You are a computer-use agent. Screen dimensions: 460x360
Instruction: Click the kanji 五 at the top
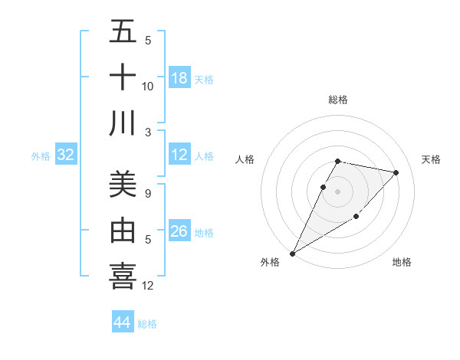[123, 31]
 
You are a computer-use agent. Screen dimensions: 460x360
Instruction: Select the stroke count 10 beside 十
[148, 87]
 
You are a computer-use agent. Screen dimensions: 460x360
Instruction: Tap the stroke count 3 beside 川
[148, 133]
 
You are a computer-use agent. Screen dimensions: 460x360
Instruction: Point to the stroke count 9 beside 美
[148, 194]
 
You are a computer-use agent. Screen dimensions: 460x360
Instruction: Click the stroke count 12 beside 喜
[148, 286]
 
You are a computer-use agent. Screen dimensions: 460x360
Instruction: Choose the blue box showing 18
[179, 78]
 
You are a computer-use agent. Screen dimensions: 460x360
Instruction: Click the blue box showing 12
[179, 155]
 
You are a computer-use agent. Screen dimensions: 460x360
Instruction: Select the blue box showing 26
[179, 231]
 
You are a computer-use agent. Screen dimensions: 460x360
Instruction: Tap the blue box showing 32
[66, 155]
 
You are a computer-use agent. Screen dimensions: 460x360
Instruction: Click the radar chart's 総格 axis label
[338, 100]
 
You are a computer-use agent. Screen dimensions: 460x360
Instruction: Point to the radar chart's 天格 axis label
[431, 159]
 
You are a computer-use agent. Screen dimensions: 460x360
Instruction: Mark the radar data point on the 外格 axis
[292, 253]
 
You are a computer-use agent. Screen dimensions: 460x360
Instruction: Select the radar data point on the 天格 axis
[396, 172]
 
